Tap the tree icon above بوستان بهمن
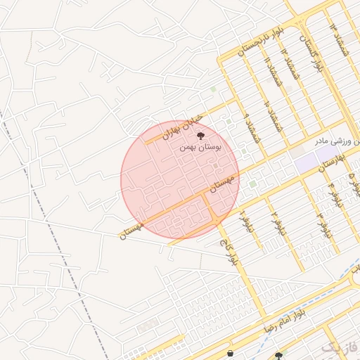pos(201,135)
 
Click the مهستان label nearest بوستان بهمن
pos(222,182)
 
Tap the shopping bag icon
pos(231,352)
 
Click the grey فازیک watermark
pos(340,347)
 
